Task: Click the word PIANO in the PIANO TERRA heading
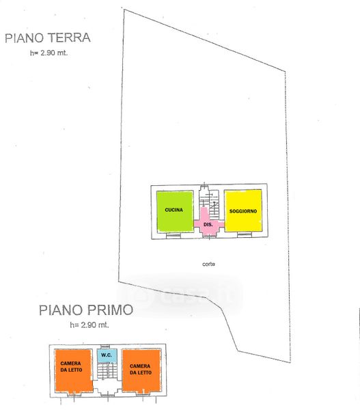(x=24, y=38)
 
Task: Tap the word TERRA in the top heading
(x=70, y=38)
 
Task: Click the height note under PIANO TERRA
(x=49, y=53)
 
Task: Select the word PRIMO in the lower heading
(x=110, y=310)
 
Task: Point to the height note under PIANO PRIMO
(x=89, y=325)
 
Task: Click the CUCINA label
(x=174, y=210)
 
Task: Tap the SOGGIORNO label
(x=243, y=211)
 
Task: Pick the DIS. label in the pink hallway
(x=208, y=225)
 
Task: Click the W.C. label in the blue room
(x=107, y=355)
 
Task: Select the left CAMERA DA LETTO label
(x=71, y=366)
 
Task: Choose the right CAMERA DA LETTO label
(x=141, y=369)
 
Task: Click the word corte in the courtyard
(x=208, y=264)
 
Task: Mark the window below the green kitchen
(x=174, y=236)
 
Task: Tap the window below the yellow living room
(x=245, y=235)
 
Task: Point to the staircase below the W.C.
(x=107, y=370)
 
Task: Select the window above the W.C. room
(x=105, y=346)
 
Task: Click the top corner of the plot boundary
(x=124, y=10)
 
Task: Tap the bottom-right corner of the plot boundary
(x=290, y=362)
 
